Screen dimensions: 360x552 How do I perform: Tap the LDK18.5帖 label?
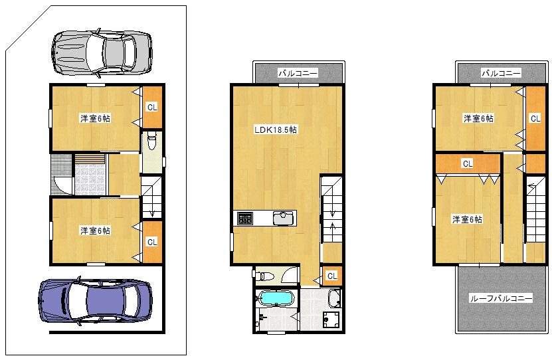click(275, 130)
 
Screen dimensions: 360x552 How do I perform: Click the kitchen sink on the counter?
click(284, 218)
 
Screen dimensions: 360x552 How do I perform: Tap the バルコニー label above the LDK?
click(298, 73)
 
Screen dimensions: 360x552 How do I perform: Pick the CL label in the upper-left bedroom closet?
click(152, 107)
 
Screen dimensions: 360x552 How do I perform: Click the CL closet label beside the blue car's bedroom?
click(152, 242)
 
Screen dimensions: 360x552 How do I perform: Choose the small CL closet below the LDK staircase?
click(331, 275)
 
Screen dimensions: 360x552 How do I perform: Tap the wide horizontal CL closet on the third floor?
click(467, 163)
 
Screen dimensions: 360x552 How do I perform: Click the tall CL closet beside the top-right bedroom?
click(535, 118)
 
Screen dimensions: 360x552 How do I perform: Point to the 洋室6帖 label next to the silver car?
click(95, 119)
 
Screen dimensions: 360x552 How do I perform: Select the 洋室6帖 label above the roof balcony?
click(468, 219)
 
